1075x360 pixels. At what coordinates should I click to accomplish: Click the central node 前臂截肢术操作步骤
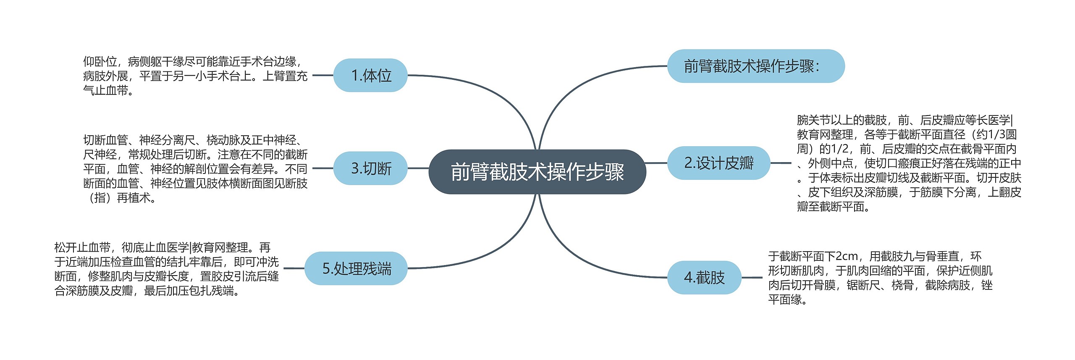click(537, 171)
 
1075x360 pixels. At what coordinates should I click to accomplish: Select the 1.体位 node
click(370, 76)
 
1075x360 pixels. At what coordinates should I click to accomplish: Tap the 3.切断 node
click(370, 168)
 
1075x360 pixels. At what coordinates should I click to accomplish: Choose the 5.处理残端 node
click(356, 268)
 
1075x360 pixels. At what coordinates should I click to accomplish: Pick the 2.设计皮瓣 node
click(718, 163)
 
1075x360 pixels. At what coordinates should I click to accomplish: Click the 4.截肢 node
click(704, 278)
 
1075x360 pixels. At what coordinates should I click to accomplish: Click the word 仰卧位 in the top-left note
click(100, 62)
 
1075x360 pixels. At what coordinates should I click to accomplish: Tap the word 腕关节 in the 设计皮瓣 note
click(813, 120)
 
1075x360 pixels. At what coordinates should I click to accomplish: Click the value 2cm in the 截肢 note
click(847, 256)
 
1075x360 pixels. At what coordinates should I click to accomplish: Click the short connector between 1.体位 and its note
click(322, 76)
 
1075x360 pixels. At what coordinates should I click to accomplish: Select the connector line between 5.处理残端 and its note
click(294, 268)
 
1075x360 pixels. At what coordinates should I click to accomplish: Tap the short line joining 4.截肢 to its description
click(752, 278)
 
